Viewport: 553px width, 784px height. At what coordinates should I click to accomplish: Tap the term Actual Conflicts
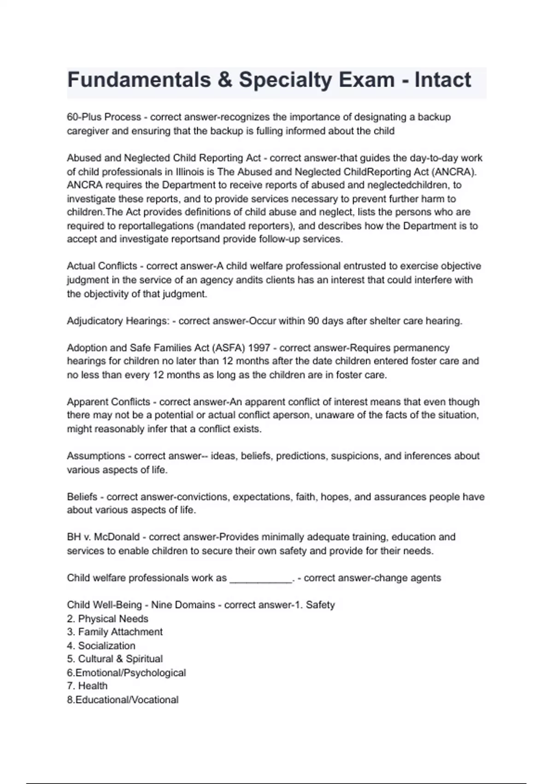coord(102,266)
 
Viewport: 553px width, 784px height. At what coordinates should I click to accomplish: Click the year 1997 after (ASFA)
coord(259,348)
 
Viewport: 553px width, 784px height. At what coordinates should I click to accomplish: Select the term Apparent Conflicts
coord(108,402)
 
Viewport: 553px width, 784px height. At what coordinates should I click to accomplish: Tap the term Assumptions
coord(96,456)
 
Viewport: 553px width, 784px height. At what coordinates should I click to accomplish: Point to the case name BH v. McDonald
coord(103,537)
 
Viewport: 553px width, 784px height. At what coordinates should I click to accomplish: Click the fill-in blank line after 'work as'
coord(260,578)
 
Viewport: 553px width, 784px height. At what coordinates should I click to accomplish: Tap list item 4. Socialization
coord(101,646)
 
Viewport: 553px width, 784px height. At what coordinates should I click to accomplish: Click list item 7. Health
coord(87,686)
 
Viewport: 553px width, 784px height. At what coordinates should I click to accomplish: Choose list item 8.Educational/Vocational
coord(123,700)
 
